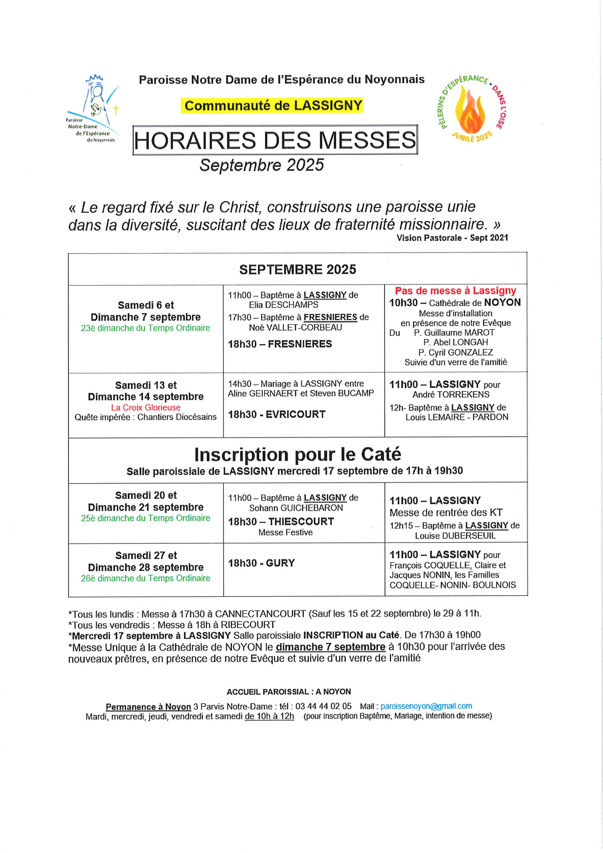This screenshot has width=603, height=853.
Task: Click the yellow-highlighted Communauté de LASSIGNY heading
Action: point(273,105)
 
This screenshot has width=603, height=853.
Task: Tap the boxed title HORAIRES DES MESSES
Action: point(275,140)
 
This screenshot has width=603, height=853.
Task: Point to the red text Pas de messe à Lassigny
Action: point(455,291)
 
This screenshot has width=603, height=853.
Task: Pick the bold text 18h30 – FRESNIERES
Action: point(280,344)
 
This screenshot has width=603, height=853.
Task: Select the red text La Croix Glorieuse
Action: point(146,407)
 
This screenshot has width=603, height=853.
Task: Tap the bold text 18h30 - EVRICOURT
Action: point(276,414)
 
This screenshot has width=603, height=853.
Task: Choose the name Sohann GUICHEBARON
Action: point(296,508)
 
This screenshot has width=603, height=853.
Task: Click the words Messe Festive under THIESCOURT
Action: point(285,532)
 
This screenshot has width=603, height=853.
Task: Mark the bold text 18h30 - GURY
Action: point(261,563)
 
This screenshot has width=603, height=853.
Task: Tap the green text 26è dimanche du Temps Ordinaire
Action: point(146,578)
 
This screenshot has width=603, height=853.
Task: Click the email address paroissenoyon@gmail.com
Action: point(426,706)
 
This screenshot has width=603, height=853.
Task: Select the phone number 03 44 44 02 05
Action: point(323,706)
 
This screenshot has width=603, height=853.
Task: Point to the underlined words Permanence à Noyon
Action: point(148,707)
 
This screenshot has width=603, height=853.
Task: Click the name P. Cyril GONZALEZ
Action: point(455,352)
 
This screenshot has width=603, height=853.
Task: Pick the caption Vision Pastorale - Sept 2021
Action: point(452,238)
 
